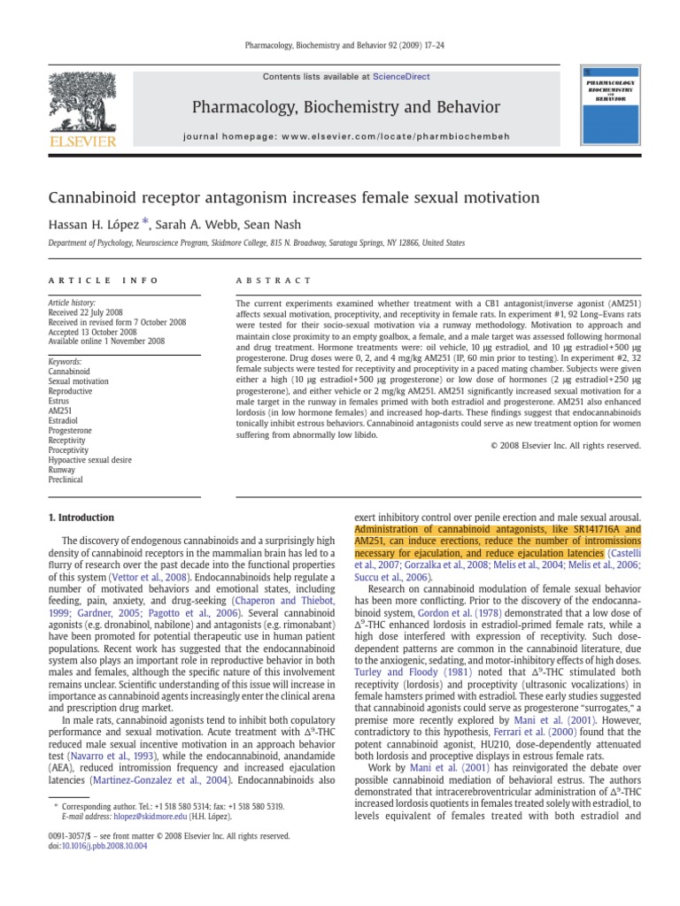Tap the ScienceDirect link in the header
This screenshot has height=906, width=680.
pyautogui.click(x=402, y=77)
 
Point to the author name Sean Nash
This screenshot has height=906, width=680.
pyautogui.click(x=268, y=225)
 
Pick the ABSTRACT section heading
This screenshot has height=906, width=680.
pyautogui.click(x=274, y=280)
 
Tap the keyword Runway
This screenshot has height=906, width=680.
pyautogui.click(x=62, y=470)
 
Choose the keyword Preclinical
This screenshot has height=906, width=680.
pyautogui.click(x=65, y=480)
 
